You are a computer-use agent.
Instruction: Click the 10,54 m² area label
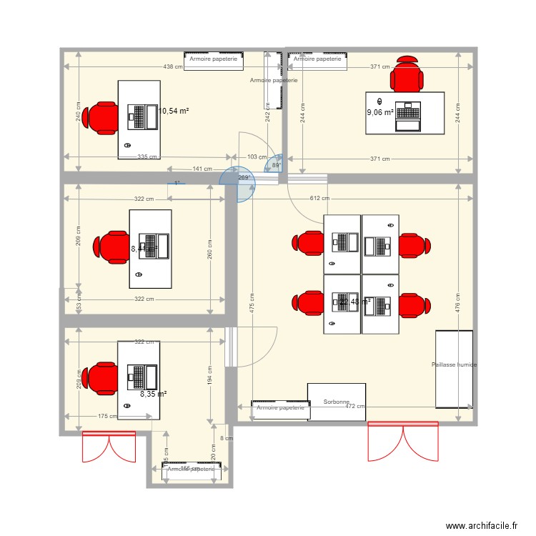click(174, 111)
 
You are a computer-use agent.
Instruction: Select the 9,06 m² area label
click(380, 112)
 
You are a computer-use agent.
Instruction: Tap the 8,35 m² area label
click(154, 394)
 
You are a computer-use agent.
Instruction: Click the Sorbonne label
click(336, 402)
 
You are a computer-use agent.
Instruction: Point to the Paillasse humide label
click(454, 364)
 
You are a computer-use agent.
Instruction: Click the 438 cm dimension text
click(173, 66)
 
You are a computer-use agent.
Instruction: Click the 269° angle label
click(243, 178)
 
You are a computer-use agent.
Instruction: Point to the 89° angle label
click(277, 165)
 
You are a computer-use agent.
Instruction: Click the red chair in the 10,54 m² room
click(100, 118)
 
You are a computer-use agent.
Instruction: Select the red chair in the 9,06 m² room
click(407, 74)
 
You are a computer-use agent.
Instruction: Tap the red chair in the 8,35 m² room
click(100, 379)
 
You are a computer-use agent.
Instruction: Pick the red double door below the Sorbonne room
click(402, 441)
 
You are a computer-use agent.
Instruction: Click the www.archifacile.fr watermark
click(482, 525)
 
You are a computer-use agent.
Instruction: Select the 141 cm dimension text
click(202, 169)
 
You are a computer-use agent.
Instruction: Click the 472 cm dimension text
click(355, 406)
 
